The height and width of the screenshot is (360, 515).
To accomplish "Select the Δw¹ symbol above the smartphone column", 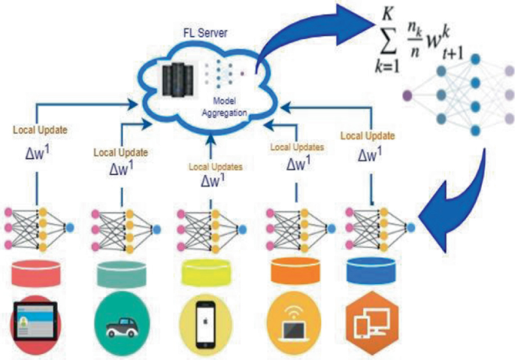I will coord(213,180).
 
